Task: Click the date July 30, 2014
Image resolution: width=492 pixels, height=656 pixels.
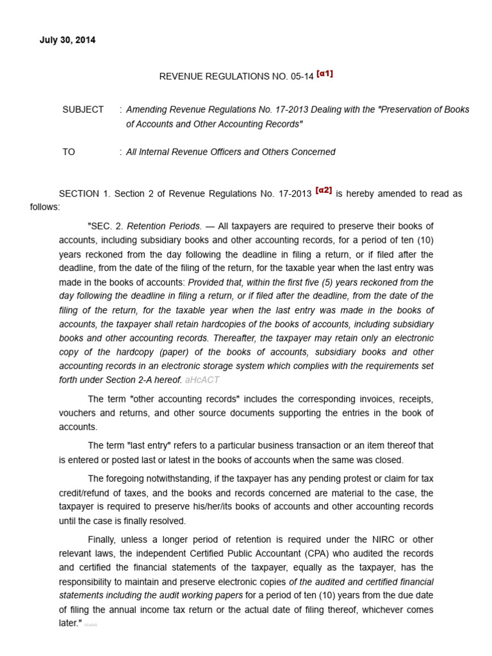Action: pos(67,40)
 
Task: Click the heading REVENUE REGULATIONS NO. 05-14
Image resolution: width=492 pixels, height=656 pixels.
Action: pos(236,76)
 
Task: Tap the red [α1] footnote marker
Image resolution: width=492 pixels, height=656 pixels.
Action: pos(324,74)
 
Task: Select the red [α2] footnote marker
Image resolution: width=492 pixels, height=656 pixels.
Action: pos(324,190)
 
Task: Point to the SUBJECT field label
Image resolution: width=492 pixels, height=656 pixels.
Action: pos(83,110)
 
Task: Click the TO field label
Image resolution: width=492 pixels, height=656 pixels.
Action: pos(69,152)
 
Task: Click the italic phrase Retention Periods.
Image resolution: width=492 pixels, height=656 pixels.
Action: pos(164,226)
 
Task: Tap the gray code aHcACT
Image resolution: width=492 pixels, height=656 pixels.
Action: pos(202,380)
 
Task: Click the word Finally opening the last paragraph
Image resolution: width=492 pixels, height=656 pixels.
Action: pos(104,539)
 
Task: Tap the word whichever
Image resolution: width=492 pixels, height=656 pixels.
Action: pos(380,609)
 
